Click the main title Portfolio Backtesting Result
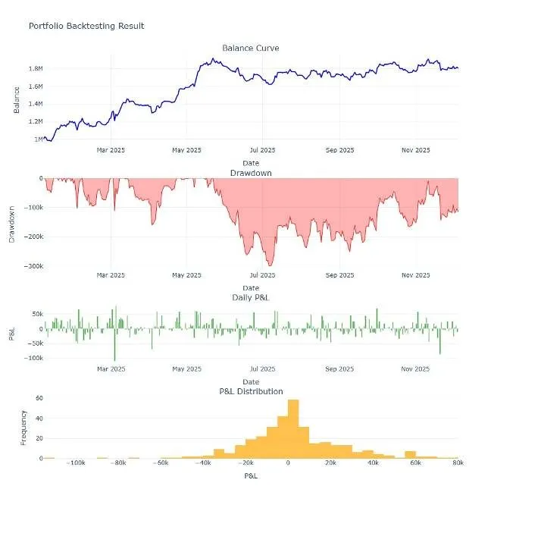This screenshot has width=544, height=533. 86,26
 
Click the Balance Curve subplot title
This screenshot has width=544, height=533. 251,48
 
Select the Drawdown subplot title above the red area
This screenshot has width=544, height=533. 251,173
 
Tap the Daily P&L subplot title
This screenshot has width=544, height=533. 251,297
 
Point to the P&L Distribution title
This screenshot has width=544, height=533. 252,391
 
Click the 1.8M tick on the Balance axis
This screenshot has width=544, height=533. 36,68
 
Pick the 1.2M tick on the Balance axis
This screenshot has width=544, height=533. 36,121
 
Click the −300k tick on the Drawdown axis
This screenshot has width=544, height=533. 33,266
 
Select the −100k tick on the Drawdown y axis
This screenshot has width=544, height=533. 33,208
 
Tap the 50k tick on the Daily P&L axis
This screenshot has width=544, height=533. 38,314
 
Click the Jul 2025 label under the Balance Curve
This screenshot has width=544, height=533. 263,150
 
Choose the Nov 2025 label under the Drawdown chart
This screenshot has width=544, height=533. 416,275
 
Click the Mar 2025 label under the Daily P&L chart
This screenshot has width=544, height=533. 111,368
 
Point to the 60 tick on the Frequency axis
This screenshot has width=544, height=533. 39,398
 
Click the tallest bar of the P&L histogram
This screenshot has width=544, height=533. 293,429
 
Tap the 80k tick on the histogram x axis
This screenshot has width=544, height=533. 458,462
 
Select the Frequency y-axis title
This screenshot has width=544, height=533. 23,428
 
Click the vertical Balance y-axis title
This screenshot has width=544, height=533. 17,100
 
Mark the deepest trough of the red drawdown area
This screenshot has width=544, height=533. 270,265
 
